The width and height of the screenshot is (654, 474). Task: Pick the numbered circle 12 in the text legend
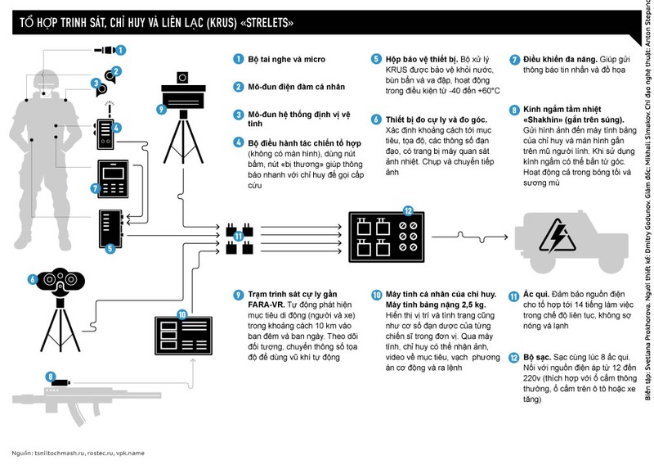513,357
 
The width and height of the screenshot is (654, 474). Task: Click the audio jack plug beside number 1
104,50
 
